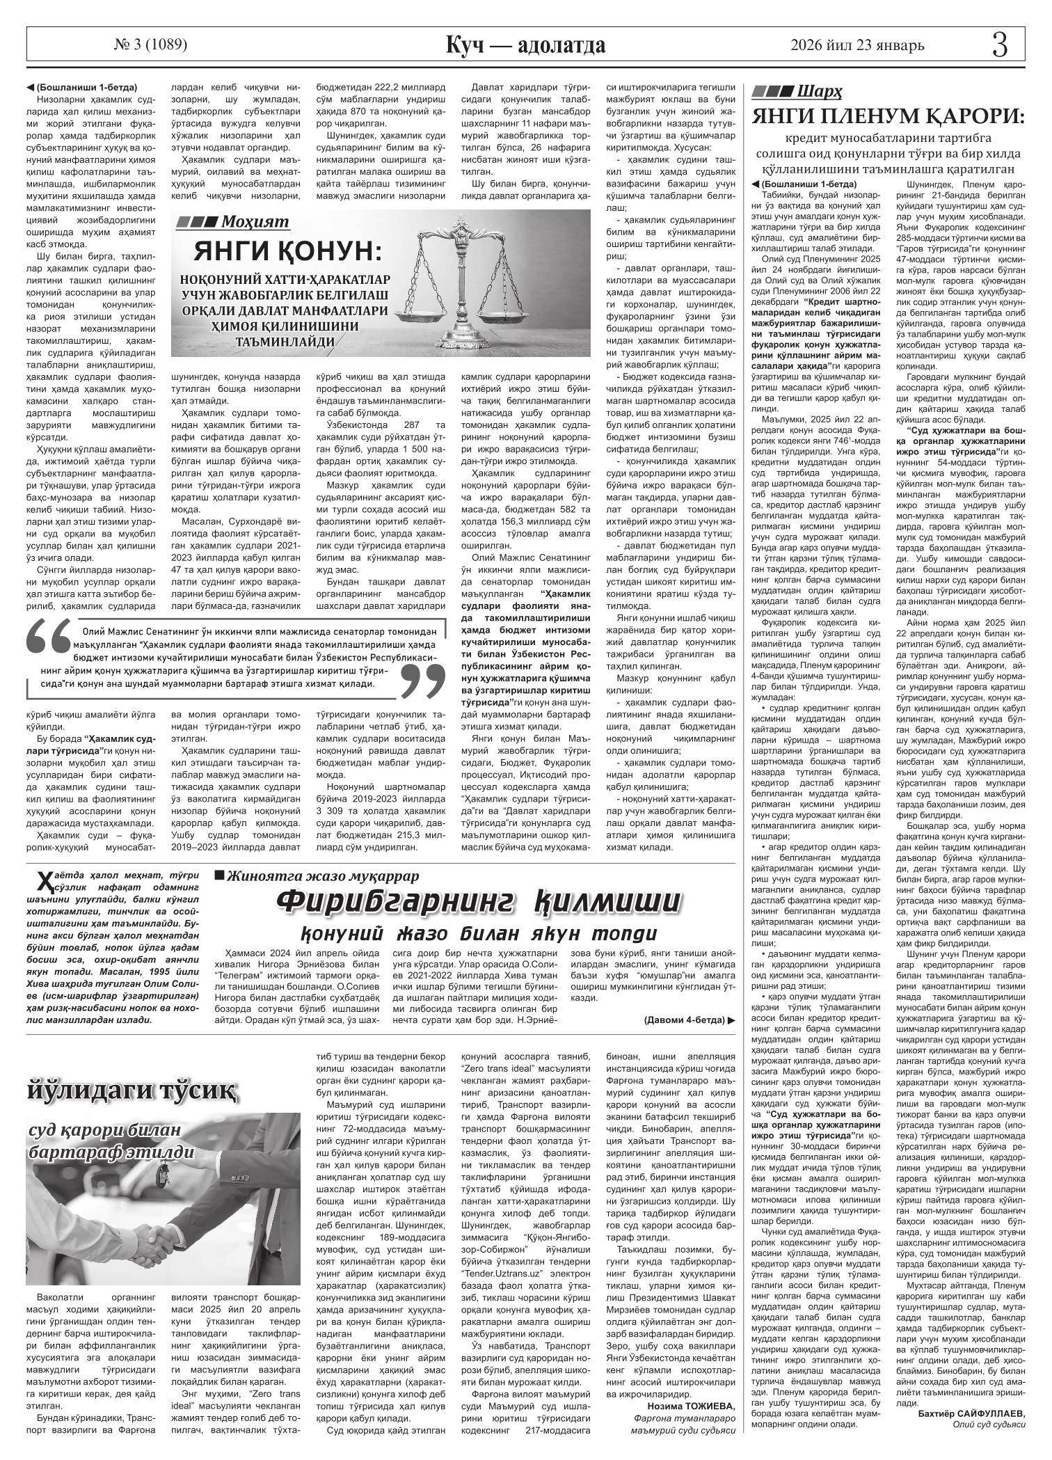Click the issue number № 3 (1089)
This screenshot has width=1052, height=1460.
(150, 45)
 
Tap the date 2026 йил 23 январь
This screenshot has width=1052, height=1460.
(857, 46)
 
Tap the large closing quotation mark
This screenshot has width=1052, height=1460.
(423, 679)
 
